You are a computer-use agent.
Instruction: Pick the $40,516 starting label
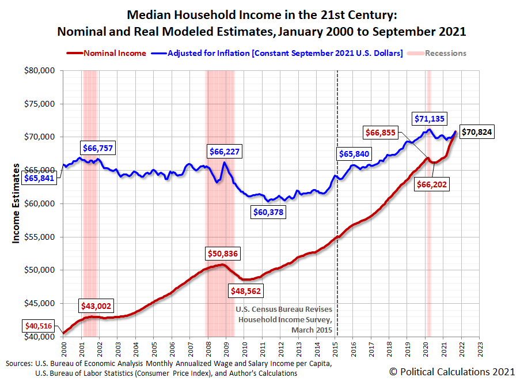coord(39,326)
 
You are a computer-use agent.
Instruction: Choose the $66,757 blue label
coord(98,148)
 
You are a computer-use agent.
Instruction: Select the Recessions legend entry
coord(441,53)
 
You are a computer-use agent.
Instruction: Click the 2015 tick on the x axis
coord(336,349)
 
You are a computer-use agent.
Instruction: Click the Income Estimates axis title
coord(16,203)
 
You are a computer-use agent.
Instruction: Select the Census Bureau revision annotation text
coord(284,319)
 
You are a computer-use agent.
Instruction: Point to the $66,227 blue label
coord(225,152)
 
